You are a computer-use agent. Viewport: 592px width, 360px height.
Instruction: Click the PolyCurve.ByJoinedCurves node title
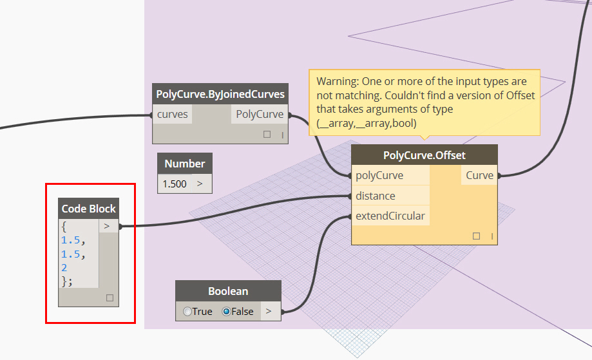coord(220,94)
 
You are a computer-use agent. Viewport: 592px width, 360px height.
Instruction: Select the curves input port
coord(173,114)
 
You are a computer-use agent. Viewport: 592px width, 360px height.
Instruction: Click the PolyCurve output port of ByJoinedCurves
coord(260,114)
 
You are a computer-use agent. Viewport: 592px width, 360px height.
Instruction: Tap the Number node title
coord(185,164)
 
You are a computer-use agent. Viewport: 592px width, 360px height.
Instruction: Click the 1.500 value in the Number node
coord(175,184)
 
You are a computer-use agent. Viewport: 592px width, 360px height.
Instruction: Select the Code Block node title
coord(89,209)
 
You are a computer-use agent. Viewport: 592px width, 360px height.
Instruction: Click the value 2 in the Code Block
coord(64,267)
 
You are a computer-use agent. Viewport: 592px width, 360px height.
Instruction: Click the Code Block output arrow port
coord(107,226)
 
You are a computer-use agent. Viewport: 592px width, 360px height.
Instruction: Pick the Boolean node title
coord(228,291)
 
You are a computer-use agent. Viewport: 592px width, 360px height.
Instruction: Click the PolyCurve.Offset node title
coord(424,155)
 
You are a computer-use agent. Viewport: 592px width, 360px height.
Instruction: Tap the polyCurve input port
coord(379,175)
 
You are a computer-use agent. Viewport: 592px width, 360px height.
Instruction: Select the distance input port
coord(376,196)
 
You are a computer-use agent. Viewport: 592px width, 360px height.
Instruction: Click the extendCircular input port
coord(390,216)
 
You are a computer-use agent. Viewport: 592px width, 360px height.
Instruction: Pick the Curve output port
coord(479,175)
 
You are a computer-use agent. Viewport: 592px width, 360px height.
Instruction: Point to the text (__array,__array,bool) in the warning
coord(367,123)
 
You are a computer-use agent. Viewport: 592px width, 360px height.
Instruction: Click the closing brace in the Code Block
coord(65,281)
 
